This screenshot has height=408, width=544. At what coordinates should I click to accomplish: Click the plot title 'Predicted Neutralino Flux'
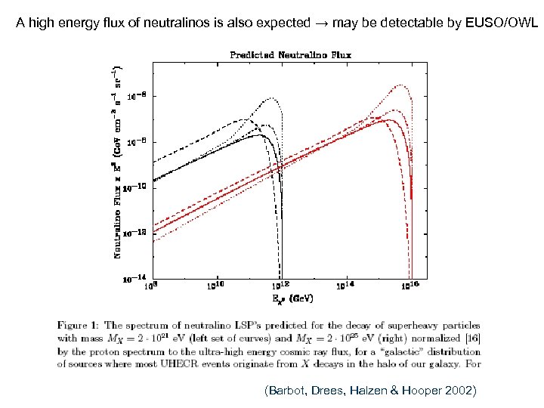291,54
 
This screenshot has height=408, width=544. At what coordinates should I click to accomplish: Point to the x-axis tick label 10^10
215,286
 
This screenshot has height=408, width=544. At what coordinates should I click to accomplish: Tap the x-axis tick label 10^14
345,286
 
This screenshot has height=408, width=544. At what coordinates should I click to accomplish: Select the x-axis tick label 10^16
410,286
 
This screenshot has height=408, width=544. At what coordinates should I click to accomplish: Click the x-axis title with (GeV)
287,298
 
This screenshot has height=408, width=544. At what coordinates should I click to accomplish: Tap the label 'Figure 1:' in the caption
79,325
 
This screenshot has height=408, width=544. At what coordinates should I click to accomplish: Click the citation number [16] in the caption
472,338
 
